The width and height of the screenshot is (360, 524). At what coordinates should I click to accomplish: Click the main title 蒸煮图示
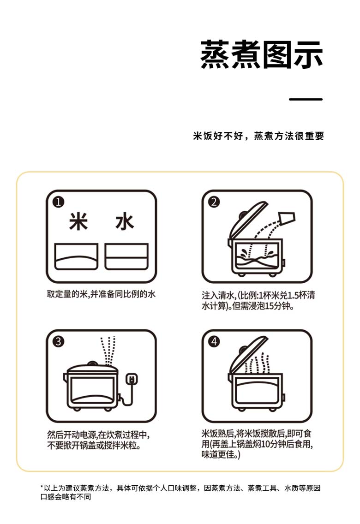point(262,55)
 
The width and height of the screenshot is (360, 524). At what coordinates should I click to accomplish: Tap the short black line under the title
point(306,99)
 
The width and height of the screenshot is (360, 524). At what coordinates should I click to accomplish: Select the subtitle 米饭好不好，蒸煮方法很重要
point(258,136)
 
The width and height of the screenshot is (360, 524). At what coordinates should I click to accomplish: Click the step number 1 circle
point(59,202)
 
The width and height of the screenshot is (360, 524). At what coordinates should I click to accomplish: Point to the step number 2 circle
point(214,202)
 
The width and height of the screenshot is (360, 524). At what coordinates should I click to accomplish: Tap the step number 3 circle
point(59,341)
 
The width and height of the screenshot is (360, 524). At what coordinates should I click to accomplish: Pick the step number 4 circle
point(214,341)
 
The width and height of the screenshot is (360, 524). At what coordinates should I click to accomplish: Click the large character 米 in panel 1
point(78,221)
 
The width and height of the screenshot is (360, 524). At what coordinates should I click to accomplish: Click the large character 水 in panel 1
point(125,221)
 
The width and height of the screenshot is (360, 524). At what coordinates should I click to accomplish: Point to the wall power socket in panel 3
point(132,379)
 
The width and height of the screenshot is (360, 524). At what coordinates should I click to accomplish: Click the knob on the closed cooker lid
point(92,363)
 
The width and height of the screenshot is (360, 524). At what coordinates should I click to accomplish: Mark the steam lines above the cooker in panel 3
point(108,351)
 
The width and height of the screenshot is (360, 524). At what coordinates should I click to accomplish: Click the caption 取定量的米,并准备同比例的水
point(101,294)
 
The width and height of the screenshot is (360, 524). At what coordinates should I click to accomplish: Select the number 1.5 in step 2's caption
point(293,295)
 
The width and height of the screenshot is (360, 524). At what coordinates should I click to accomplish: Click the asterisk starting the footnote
point(42,487)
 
